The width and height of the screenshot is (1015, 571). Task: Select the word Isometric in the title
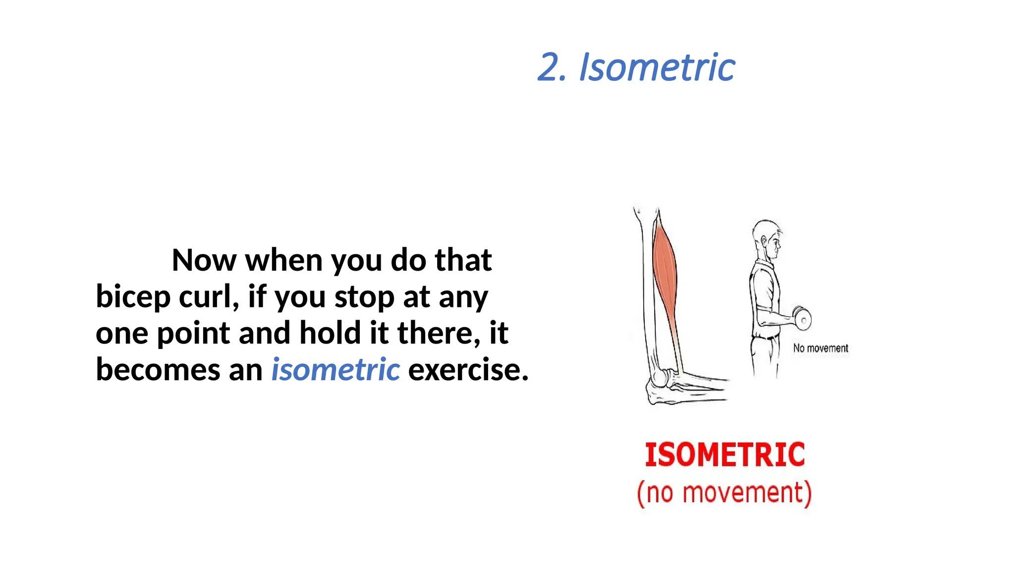[x=657, y=68]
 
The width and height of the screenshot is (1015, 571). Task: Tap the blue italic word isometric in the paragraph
[x=336, y=370]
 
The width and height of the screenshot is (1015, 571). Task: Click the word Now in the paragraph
[x=204, y=260]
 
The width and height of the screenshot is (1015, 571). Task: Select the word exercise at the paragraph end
[x=467, y=370]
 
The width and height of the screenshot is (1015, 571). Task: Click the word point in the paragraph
[x=194, y=334]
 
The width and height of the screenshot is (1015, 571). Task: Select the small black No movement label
[x=820, y=348]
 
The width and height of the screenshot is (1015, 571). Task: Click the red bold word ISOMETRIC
[x=725, y=455]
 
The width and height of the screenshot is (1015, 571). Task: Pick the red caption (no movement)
[x=724, y=493]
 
